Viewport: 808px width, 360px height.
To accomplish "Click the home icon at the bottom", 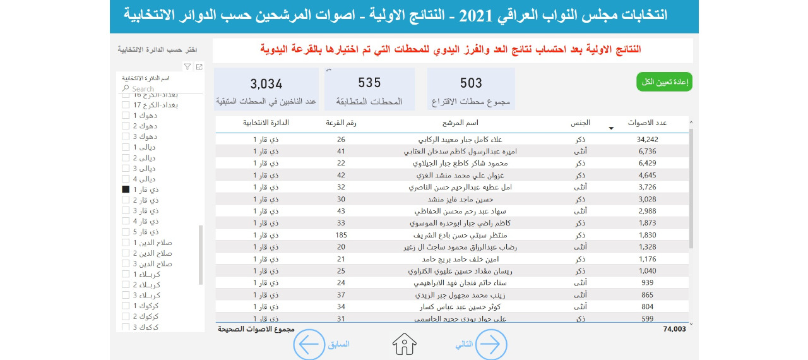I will click(x=405, y=344).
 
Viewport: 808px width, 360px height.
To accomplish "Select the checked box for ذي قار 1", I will click(x=125, y=189).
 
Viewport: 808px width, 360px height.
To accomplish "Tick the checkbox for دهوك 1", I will click(x=125, y=116).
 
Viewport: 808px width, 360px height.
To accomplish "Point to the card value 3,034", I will click(x=266, y=83).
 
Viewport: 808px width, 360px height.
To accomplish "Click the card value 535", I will click(x=369, y=83).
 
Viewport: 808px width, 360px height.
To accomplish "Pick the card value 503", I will click(x=471, y=83).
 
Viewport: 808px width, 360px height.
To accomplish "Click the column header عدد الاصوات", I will click(x=648, y=123).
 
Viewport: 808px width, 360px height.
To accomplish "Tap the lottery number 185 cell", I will click(x=341, y=235).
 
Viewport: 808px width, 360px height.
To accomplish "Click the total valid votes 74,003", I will click(x=674, y=329).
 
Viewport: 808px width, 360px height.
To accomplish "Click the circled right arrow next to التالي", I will click(x=491, y=344).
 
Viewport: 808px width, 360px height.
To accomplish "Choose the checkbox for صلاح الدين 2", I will click(x=125, y=253).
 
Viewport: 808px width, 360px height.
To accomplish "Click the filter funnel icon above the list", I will click(x=187, y=66).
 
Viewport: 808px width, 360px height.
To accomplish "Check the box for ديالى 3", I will click(x=125, y=169).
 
